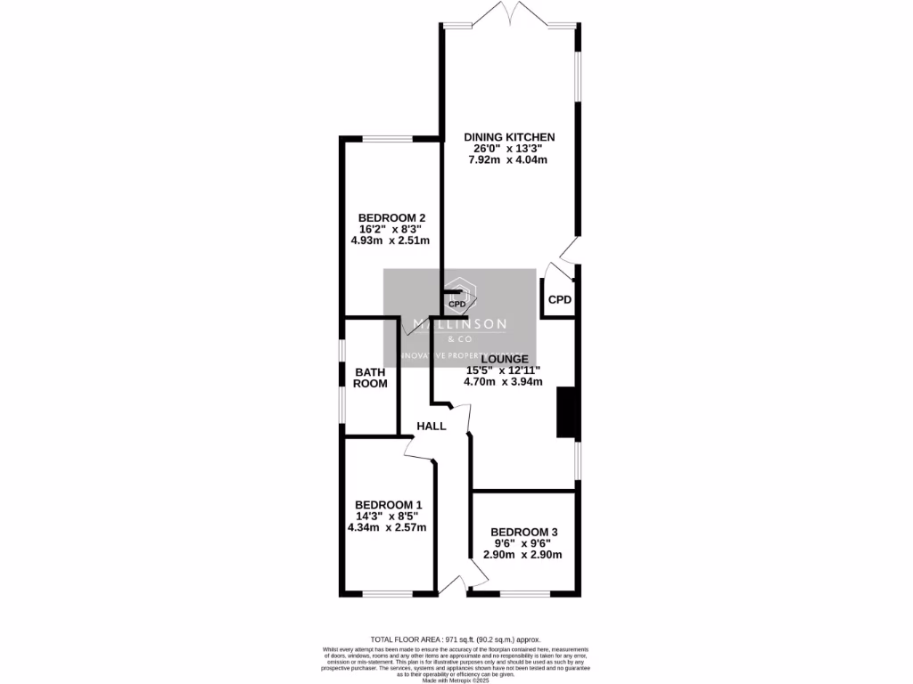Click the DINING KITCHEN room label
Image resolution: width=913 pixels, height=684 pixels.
509,137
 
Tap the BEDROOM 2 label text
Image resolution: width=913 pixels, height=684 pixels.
391,218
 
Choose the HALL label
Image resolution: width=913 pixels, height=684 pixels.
432,427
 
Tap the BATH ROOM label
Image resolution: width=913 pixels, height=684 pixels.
371,378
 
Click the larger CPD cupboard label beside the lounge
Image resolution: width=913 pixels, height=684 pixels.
559,299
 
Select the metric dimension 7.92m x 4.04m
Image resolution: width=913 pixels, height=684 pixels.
507,160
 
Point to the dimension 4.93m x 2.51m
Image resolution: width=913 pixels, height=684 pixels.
391,240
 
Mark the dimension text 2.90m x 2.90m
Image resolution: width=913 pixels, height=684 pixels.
522,554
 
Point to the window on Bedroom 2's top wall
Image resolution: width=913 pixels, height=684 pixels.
386,138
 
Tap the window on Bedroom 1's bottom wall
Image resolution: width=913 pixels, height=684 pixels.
386,594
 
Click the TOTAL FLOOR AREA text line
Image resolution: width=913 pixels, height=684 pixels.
456,639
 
